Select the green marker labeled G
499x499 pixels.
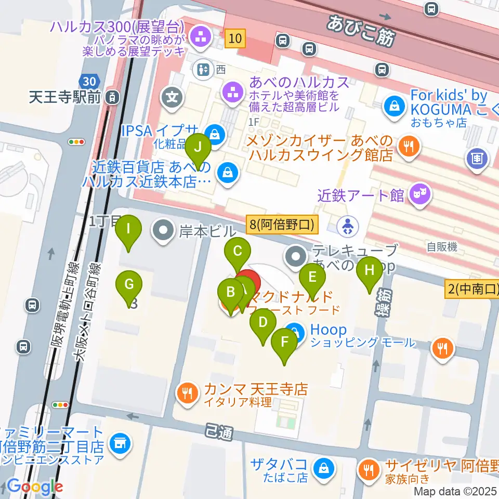click(x=129, y=284)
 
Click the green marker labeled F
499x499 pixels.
click(x=284, y=342)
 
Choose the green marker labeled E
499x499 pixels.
click(x=312, y=277)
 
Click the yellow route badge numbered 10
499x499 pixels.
click(x=235, y=38)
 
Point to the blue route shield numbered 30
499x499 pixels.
click(x=88, y=81)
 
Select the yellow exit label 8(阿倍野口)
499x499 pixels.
click(x=281, y=225)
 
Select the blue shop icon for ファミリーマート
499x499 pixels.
click(x=120, y=442)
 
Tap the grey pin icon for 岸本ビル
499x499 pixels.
click(x=164, y=229)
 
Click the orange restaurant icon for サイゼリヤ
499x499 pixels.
click(x=370, y=470)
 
